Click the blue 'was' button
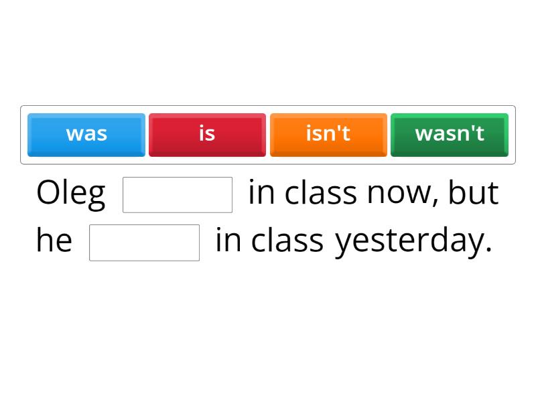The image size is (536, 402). tap(86, 135)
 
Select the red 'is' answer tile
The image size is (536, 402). tap(207, 135)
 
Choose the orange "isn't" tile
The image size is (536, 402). tap(328, 135)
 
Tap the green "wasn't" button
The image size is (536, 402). tap(450, 135)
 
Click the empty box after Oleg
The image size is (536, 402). tap(178, 194)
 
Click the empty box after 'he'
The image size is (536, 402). tap(144, 242)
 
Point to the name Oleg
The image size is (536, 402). tap(70, 194)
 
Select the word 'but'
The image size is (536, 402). tap(473, 193)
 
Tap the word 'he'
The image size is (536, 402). tap(54, 241)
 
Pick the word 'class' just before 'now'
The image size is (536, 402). tap(320, 193)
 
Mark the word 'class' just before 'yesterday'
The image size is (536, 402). tap(287, 241)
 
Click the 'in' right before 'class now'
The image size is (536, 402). tap(261, 193)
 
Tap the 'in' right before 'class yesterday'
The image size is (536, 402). tap(228, 241)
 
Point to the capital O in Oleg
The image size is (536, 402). tap(48, 193)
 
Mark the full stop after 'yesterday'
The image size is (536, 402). tap(488, 250)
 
